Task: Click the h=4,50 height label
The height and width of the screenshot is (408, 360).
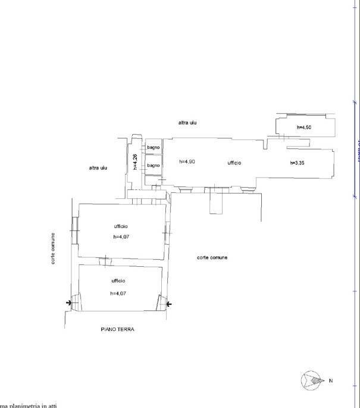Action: coord(304,127)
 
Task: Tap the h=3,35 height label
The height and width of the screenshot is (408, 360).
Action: coord(298,163)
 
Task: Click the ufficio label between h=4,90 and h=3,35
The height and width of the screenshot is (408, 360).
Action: coord(234,163)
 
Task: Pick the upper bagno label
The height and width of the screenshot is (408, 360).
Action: coord(154,147)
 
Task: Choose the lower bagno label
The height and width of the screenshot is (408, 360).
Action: coord(154,165)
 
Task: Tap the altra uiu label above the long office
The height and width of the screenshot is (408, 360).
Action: coord(187,123)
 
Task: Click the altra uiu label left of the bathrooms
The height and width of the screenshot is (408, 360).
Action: coord(98,168)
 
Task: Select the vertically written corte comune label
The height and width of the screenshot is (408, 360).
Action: coord(54,248)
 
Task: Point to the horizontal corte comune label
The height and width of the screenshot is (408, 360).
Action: coord(212,257)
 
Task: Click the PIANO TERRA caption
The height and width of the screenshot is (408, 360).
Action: coord(117,329)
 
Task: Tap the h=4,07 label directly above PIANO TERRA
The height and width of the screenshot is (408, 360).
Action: coord(118,293)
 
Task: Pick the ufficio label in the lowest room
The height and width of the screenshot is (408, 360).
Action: coord(118,281)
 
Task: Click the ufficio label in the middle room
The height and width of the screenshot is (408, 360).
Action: coord(121,226)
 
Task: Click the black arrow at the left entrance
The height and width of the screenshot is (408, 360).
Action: coord(70,304)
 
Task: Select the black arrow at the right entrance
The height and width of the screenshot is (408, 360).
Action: coord(169,304)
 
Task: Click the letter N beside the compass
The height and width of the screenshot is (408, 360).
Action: coord(331,381)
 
